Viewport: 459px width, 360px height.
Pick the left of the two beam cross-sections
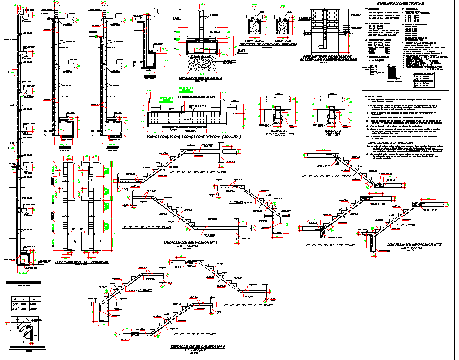point(278,116)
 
